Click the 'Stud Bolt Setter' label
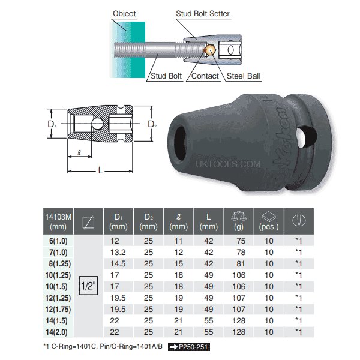(203, 13)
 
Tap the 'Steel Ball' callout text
(247, 76)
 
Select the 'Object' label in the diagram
(124, 13)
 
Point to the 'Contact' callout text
(205, 76)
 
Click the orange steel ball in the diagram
(210, 52)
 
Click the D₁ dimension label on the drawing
(52, 124)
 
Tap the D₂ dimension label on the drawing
(151, 124)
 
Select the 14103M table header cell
(58, 221)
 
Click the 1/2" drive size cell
(88, 287)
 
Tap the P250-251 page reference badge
(190, 347)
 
